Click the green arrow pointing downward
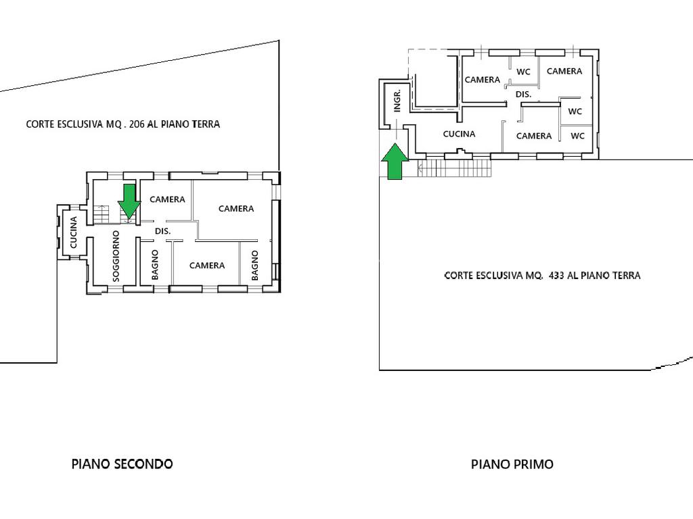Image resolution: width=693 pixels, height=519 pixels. click(129, 201)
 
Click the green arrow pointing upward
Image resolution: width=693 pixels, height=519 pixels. click(395, 162)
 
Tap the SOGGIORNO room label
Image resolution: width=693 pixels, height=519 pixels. click(116, 255)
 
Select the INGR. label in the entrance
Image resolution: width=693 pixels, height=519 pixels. click(397, 101)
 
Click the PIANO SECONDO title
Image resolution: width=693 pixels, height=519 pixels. click(122, 464)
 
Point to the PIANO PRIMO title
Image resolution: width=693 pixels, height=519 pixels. click(512, 464)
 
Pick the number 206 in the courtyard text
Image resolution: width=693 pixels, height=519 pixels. click(137, 124)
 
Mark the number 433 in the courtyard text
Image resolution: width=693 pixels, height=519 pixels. click(557, 276)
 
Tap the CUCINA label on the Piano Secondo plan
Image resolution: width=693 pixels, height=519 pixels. click(73, 232)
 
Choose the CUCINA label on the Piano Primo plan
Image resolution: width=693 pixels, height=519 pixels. click(460, 134)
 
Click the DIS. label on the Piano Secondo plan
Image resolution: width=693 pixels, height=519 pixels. click(162, 231)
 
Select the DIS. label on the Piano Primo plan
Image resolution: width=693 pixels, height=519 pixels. click(523, 94)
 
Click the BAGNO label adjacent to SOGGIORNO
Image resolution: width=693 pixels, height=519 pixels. click(155, 265)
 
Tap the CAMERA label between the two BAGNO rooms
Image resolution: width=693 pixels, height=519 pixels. click(207, 265)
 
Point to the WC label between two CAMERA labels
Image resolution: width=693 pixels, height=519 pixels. click(523, 72)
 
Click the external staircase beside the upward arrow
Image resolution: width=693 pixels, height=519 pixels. click(455, 168)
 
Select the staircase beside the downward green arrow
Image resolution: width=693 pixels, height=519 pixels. click(101, 214)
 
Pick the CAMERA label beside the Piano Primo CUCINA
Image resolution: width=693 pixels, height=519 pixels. click(534, 136)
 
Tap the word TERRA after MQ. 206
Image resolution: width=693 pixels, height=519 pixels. click(206, 124)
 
